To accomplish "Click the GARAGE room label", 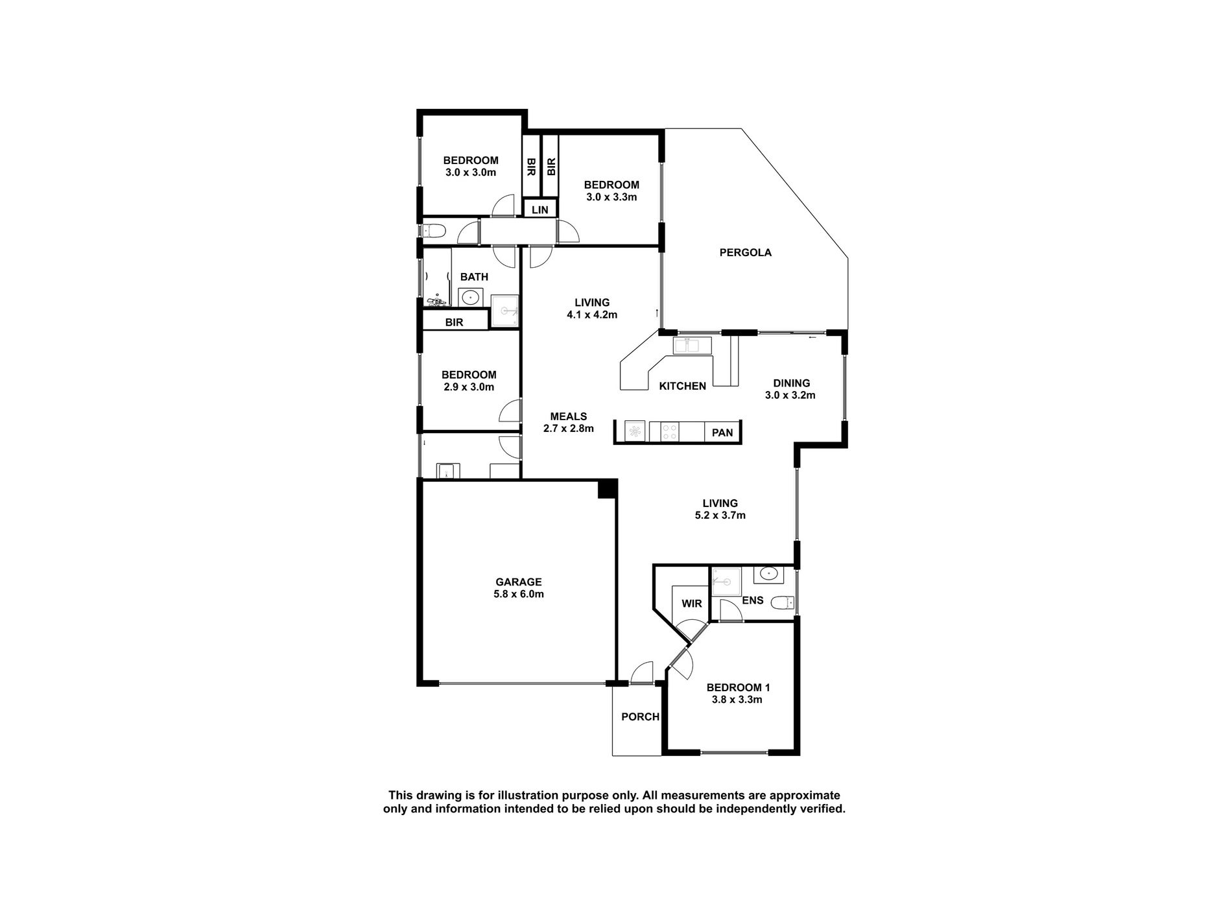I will (518, 582).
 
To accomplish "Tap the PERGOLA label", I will (745, 252).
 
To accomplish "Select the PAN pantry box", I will (722, 432).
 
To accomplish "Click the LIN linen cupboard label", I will (539, 209).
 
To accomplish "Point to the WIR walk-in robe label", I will (691, 603).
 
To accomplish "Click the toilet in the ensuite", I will (782, 603).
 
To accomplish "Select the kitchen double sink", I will (692, 346).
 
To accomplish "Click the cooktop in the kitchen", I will (670, 432).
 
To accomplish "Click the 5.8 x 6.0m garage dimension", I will (518, 594).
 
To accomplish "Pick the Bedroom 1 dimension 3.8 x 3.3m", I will (737, 700).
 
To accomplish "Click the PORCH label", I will (640, 717).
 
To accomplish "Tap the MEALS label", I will (568, 416).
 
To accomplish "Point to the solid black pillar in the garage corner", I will (606, 488).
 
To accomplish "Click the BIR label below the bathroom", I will (454, 322).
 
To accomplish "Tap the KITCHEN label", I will (682, 386).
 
